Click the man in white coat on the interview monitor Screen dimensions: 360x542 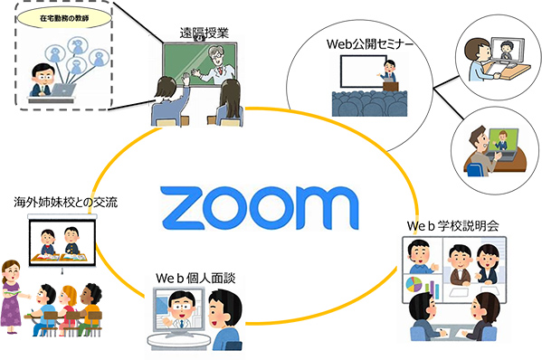(184, 312)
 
